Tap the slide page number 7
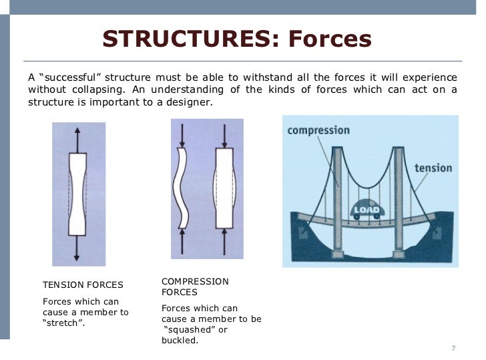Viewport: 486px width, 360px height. (453, 349)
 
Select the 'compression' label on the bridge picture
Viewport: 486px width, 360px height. (318, 130)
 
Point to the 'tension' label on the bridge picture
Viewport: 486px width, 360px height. (433, 168)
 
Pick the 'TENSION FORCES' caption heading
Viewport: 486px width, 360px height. (83, 285)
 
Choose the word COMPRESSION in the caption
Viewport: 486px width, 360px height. (195, 281)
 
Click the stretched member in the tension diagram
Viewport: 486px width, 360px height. (78, 194)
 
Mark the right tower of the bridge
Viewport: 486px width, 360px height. (399, 200)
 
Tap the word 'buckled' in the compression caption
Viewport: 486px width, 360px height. (180, 340)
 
